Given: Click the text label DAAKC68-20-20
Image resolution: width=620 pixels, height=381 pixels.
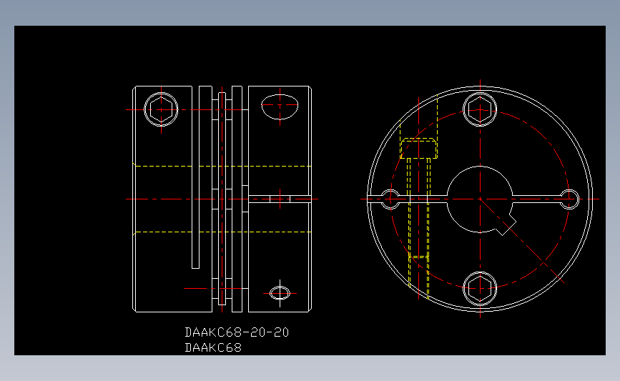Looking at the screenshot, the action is tap(237, 332).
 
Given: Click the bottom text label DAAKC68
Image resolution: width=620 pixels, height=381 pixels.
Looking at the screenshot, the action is tap(213, 348).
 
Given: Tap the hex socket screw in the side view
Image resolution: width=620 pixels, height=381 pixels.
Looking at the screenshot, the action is tap(161, 109).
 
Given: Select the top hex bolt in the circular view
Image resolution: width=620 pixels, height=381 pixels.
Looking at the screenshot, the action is tap(480, 109).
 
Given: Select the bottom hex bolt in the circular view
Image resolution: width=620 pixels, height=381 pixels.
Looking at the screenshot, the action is tap(480, 289).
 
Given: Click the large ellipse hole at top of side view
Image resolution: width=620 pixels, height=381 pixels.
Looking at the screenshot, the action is tap(280, 107).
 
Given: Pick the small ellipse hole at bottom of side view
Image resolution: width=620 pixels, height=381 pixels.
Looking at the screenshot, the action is tap(280, 293).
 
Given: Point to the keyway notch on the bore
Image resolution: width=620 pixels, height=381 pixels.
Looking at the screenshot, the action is tap(506, 226).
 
